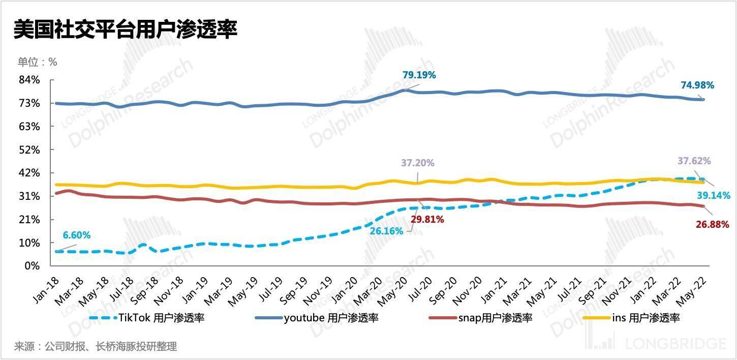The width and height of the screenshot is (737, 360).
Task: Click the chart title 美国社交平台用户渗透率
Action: click(125, 30)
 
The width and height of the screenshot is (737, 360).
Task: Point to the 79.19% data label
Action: click(419, 75)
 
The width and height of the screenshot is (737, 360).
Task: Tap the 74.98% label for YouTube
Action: click(697, 85)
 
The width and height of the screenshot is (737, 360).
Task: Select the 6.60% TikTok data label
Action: click(77, 235)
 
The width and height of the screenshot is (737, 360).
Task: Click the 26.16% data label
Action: click(387, 231)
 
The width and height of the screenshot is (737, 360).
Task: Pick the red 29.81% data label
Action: click(427, 220)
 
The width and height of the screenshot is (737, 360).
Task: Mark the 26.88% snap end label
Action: click(712, 224)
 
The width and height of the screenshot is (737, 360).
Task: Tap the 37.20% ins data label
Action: click(418, 163)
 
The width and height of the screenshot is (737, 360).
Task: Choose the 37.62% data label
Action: click(694, 161)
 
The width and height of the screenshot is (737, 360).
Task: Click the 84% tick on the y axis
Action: click(29, 80)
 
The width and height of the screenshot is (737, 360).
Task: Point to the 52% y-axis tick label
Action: click(29, 149)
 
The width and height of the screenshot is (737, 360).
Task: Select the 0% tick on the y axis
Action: click(33, 266)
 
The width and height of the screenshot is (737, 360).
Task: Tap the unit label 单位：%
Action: click(38, 62)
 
